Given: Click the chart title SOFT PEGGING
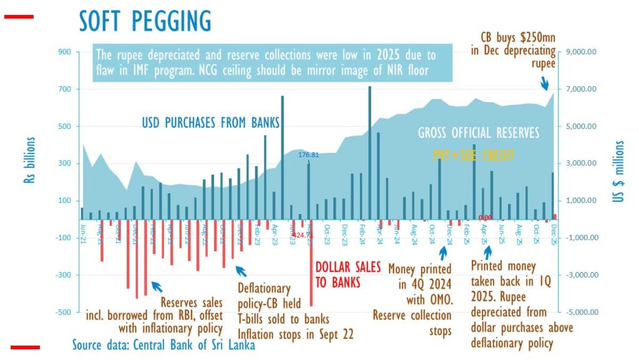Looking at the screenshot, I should pos(145,21).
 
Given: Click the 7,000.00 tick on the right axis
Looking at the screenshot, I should pos(580,89).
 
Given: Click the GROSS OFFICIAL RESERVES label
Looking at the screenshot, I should pos(479,133).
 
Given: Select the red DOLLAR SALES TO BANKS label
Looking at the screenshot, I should pos(348,275).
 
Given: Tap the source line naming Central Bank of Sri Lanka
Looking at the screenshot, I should pos(163,344).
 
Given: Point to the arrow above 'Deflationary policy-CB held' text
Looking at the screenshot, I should pos(241,271).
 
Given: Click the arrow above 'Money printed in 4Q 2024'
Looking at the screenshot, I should pos(443,253).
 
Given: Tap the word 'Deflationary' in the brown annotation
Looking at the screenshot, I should pos(265,289).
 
